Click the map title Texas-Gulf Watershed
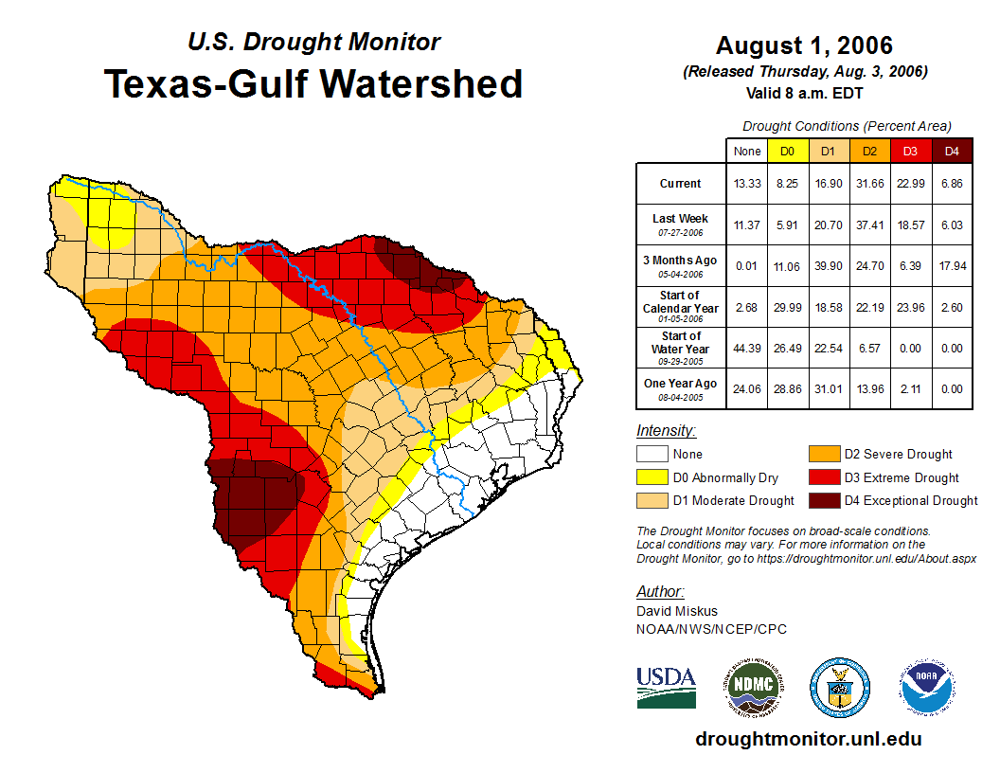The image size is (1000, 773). click(x=312, y=83)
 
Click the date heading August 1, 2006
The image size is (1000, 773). click(x=804, y=45)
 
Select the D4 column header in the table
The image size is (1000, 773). click(x=952, y=151)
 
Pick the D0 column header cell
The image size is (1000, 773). click(x=787, y=151)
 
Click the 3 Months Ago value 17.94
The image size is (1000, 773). click(x=952, y=266)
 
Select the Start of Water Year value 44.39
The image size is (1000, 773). click(x=746, y=348)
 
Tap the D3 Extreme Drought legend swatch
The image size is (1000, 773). click(x=823, y=477)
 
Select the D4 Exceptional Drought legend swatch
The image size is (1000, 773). click(x=823, y=500)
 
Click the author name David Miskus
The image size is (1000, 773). click(x=677, y=611)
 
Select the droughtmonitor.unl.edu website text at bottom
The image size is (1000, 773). click(x=808, y=739)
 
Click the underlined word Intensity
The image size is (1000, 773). click(x=666, y=431)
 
